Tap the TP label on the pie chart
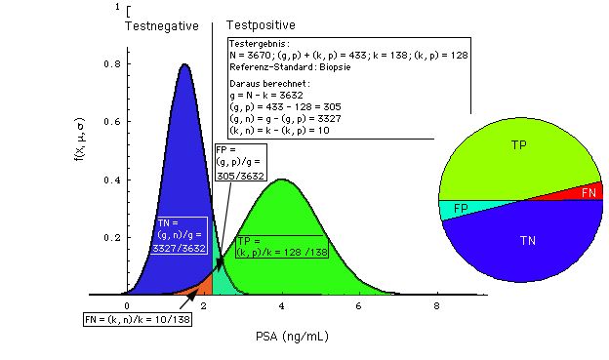coord(518,144)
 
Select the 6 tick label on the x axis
coord(359,307)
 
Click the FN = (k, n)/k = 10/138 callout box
coord(136,319)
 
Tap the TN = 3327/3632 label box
coord(182,236)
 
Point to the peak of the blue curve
coord(184,65)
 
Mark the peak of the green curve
coord(282,180)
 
